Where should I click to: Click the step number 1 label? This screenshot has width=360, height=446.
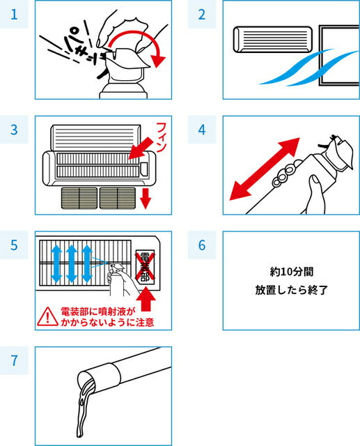(14, 14)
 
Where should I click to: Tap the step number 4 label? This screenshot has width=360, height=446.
(202, 130)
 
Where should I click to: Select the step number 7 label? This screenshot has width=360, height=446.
(14, 360)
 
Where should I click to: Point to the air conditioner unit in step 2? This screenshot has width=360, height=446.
(273, 40)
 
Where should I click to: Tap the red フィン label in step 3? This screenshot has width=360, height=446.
(162, 137)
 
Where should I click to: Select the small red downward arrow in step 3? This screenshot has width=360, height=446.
(146, 199)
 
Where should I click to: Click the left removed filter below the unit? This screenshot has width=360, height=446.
(79, 198)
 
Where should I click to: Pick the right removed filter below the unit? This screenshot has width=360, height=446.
(118, 198)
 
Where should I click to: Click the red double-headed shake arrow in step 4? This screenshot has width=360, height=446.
(265, 169)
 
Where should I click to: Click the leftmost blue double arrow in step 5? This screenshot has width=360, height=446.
(56, 264)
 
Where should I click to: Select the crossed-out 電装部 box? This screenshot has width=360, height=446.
(145, 267)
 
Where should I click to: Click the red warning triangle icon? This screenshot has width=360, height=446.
(48, 316)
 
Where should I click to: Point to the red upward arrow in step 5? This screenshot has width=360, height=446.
(146, 299)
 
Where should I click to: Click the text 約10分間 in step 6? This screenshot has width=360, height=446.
(292, 272)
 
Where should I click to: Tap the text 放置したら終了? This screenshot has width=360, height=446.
(292, 290)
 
